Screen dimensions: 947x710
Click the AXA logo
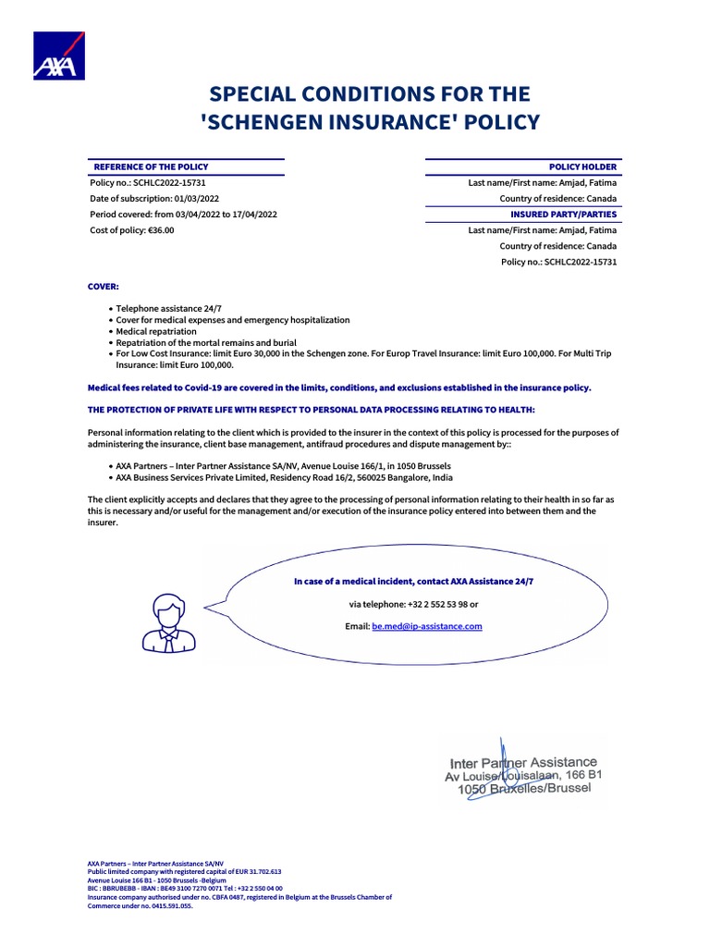point(59,55)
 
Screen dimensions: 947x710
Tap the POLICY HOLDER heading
point(582,166)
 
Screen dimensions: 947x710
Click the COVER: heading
point(103,288)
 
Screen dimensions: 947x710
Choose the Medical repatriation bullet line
point(156,331)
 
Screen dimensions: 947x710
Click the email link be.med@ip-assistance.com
point(427,626)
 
